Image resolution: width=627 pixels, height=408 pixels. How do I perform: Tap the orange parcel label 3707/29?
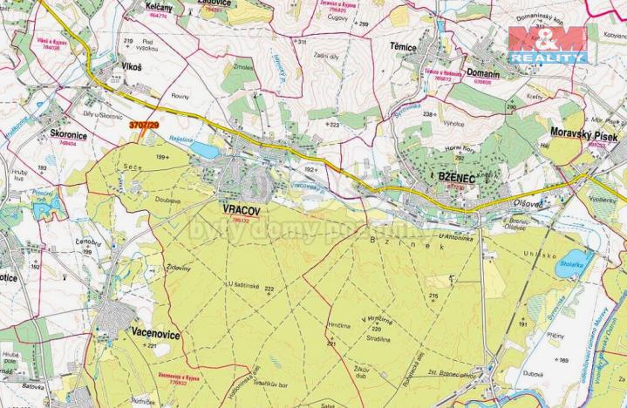144,126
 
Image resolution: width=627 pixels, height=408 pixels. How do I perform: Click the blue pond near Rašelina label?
206,150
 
